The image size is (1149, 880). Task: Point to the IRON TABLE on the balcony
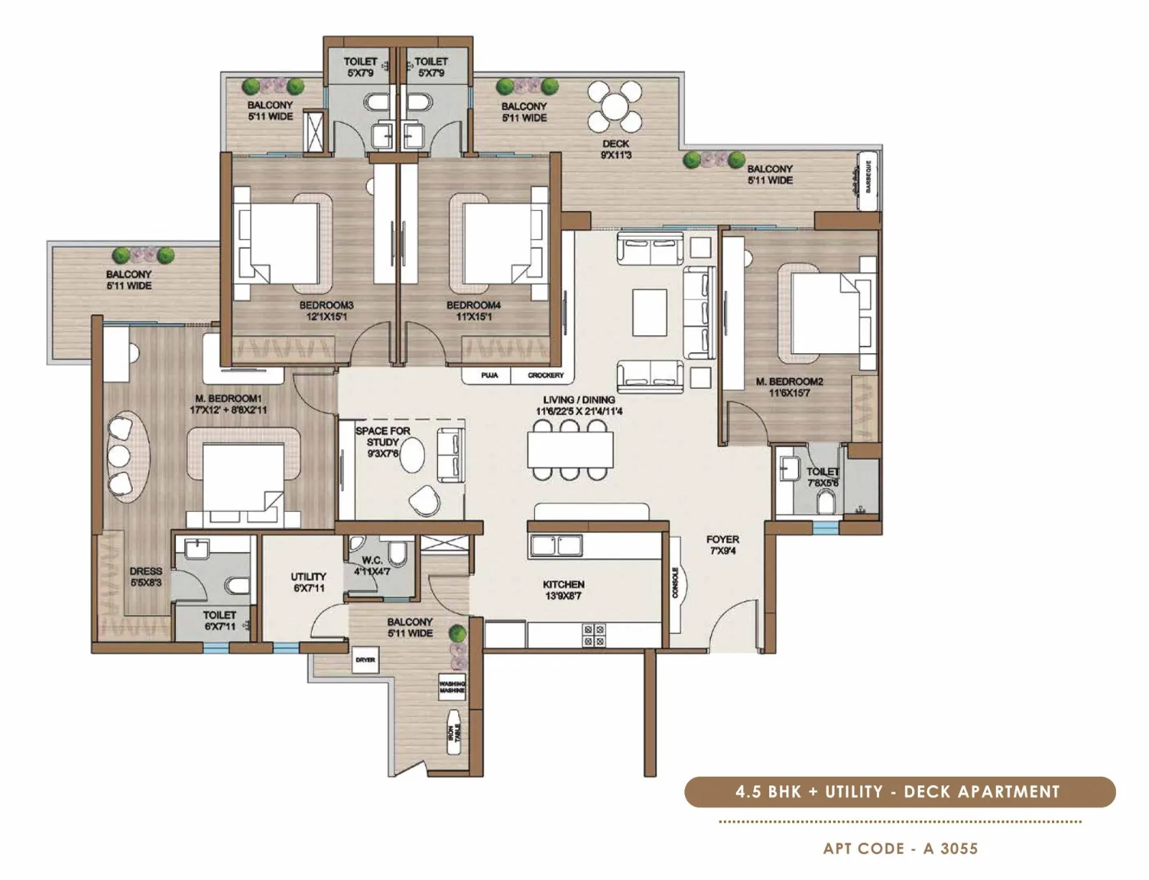455,732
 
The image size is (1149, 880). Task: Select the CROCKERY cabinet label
546,375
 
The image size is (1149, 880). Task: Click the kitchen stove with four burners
594,635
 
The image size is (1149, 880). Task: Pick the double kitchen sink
555,546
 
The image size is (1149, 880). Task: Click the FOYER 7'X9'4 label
722,545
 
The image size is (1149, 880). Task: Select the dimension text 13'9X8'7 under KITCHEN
563,596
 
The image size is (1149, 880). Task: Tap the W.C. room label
371,566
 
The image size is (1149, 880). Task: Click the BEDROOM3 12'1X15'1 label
326,311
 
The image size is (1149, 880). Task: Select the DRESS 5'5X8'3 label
146,577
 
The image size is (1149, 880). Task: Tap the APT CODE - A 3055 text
901,848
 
